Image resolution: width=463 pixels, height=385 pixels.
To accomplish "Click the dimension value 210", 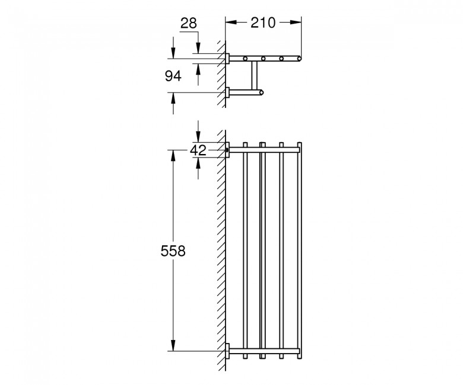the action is pyautogui.click(x=263, y=23).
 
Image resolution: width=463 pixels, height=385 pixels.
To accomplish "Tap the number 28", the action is pyautogui.click(x=189, y=23).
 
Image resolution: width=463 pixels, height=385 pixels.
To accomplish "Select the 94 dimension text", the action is pyautogui.click(x=173, y=76).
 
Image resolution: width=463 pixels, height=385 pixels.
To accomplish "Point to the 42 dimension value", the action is pyautogui.click(x=198, y=150).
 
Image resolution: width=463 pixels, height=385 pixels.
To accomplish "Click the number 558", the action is pyautogui.click(x=173, y=251).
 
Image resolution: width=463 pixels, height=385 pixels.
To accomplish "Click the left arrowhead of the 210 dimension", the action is pyautogui.click(x=231, y=22).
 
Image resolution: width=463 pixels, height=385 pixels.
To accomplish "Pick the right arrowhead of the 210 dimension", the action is pyautogui.click(x=296, y=22).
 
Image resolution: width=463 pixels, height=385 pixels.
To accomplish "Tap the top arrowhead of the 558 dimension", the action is pyautogui.click(x=173, y=156).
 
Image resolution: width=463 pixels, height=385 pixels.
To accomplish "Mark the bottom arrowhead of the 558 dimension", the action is pyautogui.click(x=173, y=345).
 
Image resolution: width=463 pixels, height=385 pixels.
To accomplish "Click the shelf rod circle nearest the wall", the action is pyautogui.click(x=245, y=59).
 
